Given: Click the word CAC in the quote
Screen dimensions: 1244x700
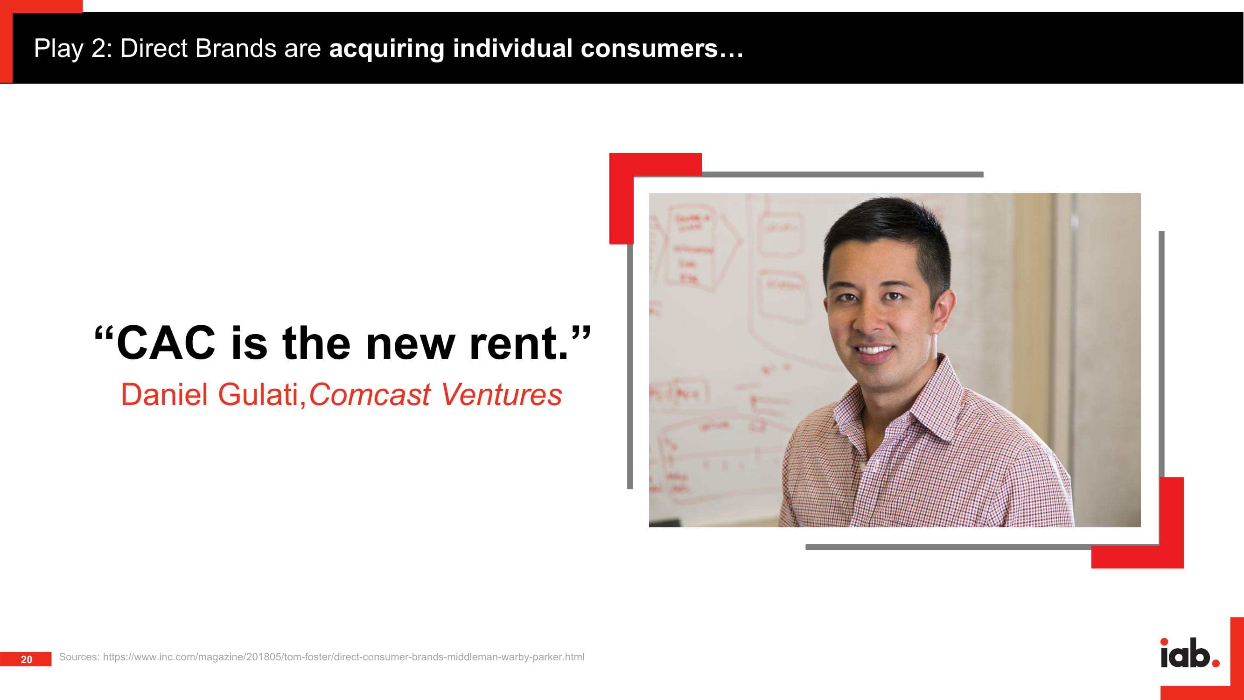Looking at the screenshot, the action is pyautogui.click(x=166, y=343).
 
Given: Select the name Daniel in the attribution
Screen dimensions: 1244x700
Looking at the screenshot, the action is pyautogui.click(x=164, y=394).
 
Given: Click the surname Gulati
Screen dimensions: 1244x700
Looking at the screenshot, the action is pyautogui.click(x=259, y=394).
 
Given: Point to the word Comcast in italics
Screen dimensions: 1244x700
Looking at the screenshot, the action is pyautogui.click(x=369, y=394).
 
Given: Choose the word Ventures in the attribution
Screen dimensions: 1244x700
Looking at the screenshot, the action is pyautogui.click(x=501, y=394).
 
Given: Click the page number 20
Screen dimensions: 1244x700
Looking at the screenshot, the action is pyautogui.click(x=27, y=659).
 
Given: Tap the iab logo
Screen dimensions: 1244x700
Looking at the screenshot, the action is pyautogui.click(x=1190, y=653).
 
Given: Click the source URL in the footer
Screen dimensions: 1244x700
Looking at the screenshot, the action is pyautogui.click(x=343, y=657).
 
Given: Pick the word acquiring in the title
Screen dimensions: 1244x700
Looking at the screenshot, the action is pyautogui.click(x=386, y=49).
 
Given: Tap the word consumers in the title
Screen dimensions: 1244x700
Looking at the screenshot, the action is pyautogui.click(x=649, y=49).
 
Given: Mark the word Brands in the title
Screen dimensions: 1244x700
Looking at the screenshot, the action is pyautogui.click(x=236, y=49).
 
